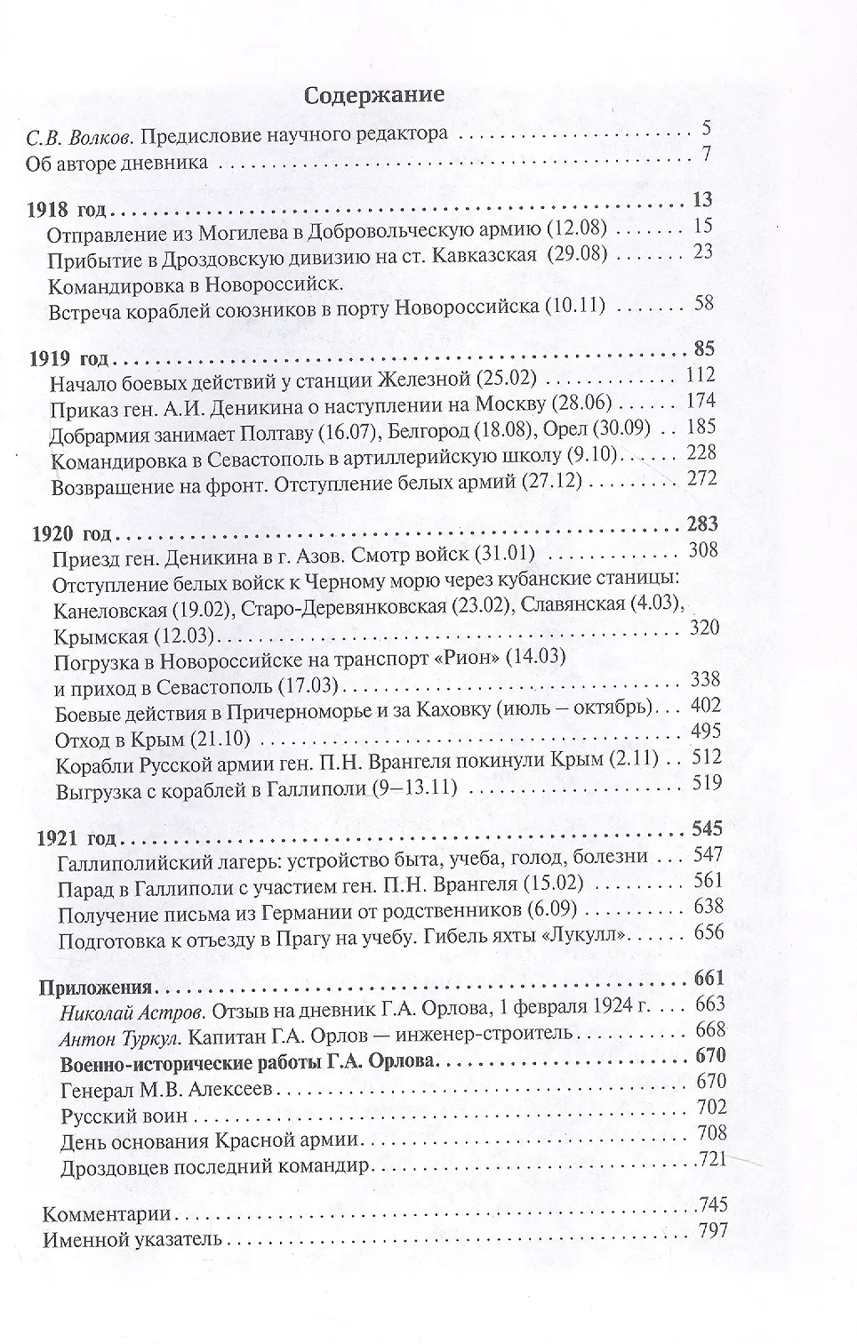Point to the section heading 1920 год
[70, 535]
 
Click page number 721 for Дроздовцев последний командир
[711, 1158]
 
